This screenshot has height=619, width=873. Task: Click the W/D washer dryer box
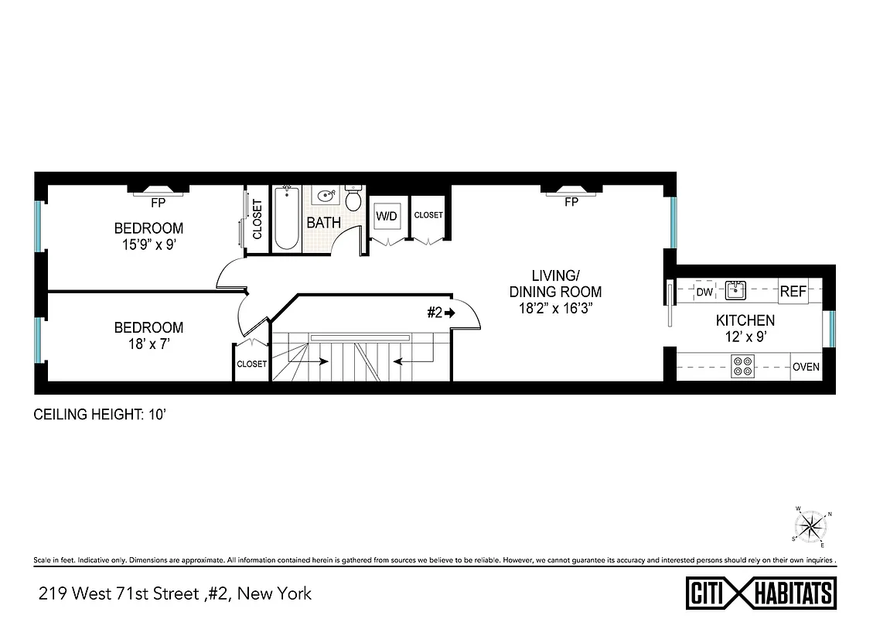point(386,216)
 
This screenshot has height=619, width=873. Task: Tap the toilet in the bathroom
point(353,200)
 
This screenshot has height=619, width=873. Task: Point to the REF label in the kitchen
point(793,292)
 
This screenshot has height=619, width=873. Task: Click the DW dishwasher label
point(704,292)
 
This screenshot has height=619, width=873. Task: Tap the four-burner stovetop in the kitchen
point(742,366)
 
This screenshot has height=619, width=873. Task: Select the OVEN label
point(806,367)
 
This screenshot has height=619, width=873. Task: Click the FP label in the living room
point(571,203)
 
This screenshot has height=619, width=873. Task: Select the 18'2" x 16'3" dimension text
point(555,309)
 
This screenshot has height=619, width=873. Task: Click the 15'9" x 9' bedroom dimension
point(148,244)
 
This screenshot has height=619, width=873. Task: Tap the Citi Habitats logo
point(761,593)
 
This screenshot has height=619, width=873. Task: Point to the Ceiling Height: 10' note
point(101,415)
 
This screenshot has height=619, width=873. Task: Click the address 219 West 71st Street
point(175,594)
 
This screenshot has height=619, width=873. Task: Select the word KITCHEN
point(745,320)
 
